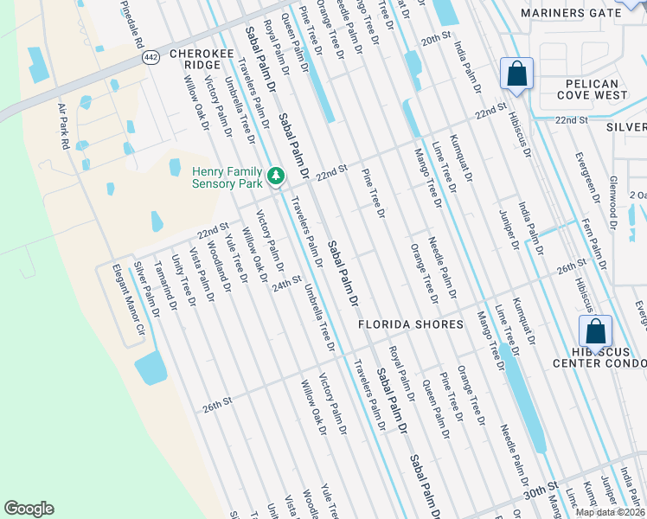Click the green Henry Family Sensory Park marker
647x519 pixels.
click(x=276, y=176)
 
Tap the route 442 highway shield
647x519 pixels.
click(x=150, y=55)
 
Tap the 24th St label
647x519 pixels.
click(x=286, y=282)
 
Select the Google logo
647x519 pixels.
click(x=29, y=509)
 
